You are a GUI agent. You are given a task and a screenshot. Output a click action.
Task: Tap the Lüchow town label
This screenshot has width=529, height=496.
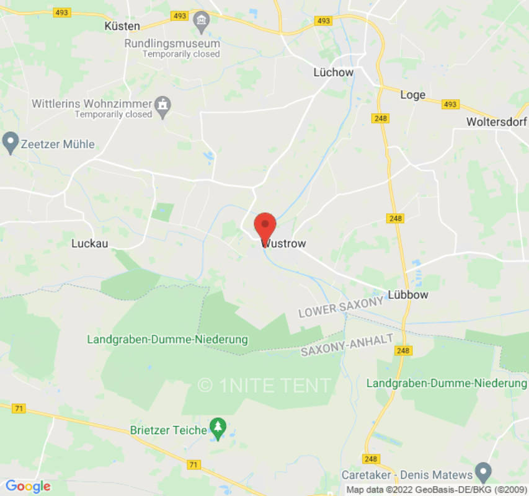click(333, 73)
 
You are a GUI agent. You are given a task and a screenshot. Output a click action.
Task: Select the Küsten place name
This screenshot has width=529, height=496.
click(122, 26)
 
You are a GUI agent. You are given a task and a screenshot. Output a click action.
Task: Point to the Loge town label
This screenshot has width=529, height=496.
click(413, 94)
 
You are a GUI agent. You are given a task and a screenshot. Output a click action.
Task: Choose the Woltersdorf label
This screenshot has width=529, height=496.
click(497, 122)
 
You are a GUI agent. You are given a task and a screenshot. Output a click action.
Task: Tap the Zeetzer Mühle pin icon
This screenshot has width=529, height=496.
click(10, 143)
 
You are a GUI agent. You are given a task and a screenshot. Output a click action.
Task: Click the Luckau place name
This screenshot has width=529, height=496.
click(90, 244)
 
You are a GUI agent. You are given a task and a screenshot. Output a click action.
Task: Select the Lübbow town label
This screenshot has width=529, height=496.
click(407, 294)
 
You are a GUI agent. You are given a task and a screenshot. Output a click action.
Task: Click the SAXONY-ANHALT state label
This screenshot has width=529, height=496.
click(347, 345)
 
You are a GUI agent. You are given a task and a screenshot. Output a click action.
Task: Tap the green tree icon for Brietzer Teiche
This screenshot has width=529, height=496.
click(217, 427)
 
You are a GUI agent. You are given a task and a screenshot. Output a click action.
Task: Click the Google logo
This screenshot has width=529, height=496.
click(27, 486)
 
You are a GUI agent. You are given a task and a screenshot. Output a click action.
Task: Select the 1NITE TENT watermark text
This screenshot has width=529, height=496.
click(265, 385)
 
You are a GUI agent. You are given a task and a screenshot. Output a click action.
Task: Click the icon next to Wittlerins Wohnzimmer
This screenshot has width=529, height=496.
click(162, 104)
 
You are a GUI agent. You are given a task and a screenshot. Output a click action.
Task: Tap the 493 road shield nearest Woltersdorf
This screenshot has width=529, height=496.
click(450, 104)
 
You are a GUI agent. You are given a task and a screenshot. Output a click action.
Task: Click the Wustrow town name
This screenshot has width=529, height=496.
click(285, 244)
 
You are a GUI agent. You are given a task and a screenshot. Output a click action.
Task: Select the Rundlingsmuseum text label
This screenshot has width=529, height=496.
click(172, 43)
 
